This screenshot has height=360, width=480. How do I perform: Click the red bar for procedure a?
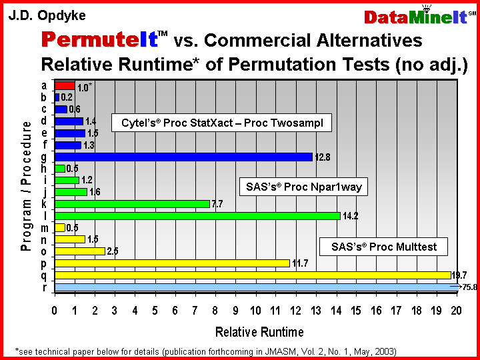pyautogui.click(x=65, y=86)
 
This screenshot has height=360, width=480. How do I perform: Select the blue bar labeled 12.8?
pyautogui.click(x=184, y=157)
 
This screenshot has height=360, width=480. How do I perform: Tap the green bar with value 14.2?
pyautogui.click(x=197, y=216)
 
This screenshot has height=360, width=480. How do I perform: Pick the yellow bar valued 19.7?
pyautogui.click(x=253, y=275)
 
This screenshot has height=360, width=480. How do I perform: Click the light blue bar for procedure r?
pyautogui.click(x=257, y=287)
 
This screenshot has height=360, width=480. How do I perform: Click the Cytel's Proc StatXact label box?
pyautogui.click(x=221, y=123)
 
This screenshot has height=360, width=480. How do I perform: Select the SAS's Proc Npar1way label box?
pyautogui.click(x=303, y=187)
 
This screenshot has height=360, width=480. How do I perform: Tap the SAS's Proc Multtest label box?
pyautogui.click(x=383, y=247)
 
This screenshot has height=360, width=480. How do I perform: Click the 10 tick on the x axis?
pyautogui.click(x=255, y=311)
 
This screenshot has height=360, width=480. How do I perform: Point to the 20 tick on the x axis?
pyautogui.click(x=456, y=311)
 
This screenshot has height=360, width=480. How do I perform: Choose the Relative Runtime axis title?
pyautogui.click(x=259, y=332)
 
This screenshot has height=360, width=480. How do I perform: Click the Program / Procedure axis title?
pyautogui.click(x=26, y=187)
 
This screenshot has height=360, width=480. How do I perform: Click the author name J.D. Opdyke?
pyautogui.click(x=47, y=15)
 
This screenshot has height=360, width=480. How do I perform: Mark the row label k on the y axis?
pyautogui.click(x=45, y=203)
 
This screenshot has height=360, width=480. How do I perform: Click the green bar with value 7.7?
pyautogui.click(x=132, y=204)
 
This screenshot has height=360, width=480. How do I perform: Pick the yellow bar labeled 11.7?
pyautogui.click(x=173, y=263)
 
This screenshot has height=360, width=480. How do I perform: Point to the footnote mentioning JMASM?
pyautogui.click(x=206, y=351)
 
